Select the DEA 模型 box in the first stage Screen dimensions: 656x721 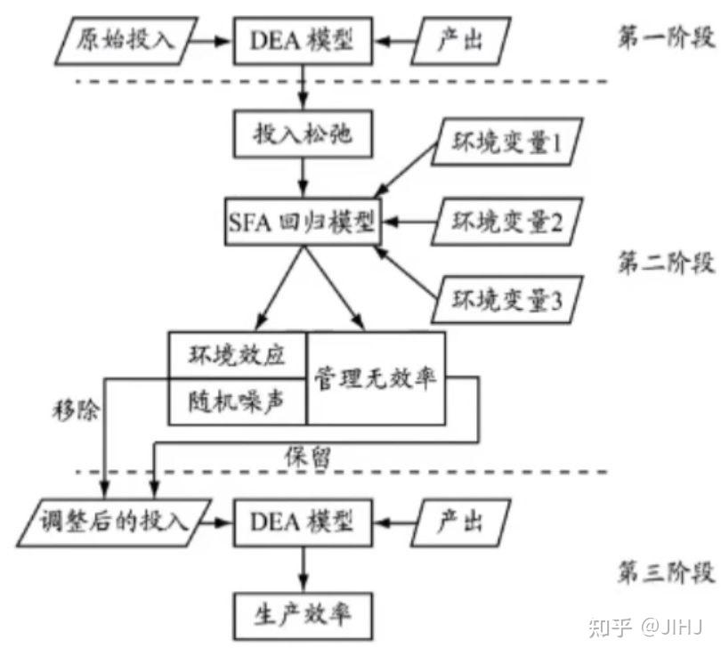coord(303,40)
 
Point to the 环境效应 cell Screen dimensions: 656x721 coord(238,355)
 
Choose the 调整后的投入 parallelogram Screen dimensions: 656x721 coord(116,522)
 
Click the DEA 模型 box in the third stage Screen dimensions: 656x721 coord(303,522)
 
